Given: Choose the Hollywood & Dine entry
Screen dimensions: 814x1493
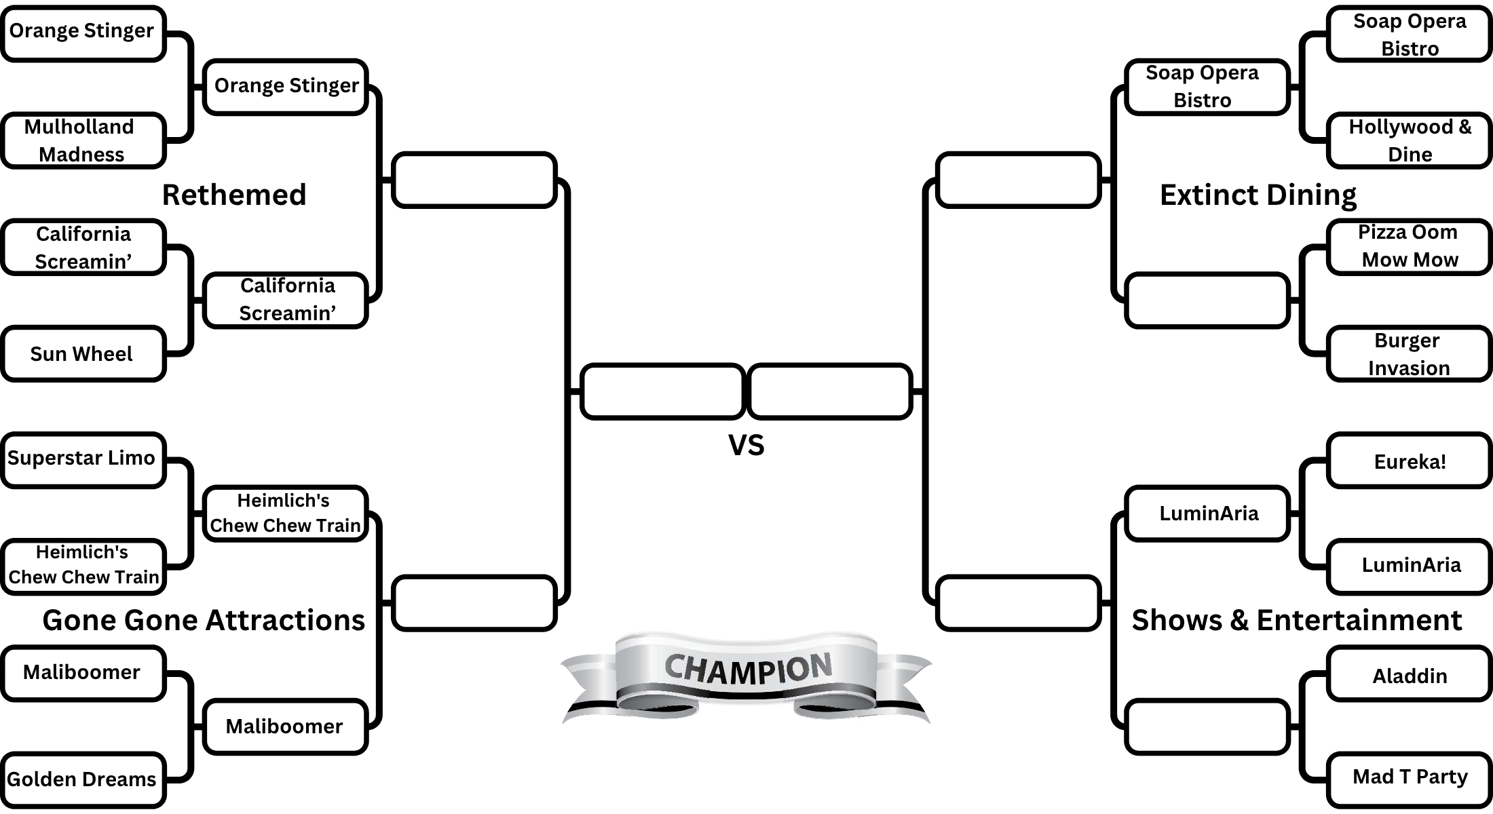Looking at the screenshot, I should click(x=1409, y=140).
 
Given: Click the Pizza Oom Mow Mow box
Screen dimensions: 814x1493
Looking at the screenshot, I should click(x=1409, y=246).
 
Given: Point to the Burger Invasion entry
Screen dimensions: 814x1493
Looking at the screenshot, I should click(x=1409, y=353).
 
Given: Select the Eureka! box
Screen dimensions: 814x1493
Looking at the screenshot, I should click(x=1409, y=461).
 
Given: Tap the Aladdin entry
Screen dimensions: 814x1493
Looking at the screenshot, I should click(x=1409, y=675).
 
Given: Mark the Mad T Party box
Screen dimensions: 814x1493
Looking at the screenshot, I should click(x=1409, y=777).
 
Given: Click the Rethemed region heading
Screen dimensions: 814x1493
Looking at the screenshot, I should click(x=234, y=195).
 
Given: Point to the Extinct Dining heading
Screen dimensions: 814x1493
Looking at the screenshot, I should click(x=1258, y=195).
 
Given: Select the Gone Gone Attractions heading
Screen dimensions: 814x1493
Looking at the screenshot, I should click(x=204, y=620).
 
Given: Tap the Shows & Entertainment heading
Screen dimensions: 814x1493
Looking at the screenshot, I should click(x=1296, y=620).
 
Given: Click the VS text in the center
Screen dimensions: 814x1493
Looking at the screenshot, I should click(x=746, y=445).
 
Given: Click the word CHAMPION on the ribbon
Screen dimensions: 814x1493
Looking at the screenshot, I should click(x=747, y=669).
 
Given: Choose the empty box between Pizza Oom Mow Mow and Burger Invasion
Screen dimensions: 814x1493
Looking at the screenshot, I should click(x=1207, y=300).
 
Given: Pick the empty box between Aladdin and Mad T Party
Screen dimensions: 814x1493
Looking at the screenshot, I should click(x=1207, y=726).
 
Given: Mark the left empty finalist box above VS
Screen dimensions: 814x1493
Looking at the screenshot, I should click(x=662, y=391).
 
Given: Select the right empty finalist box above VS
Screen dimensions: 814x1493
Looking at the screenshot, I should click(x=829, y=391).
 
